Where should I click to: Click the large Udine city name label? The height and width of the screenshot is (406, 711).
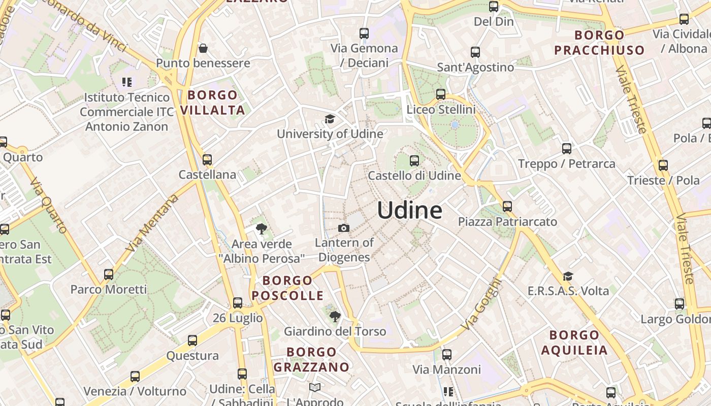(409, 210)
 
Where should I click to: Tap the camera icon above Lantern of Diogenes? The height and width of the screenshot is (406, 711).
(344, 228)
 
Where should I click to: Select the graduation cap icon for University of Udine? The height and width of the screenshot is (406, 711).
(330, 119)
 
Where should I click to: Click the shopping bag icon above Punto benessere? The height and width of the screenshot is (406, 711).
(203, 48)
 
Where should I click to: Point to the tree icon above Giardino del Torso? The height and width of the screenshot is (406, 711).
(335, 317)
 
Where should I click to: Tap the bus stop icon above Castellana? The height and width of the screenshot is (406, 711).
(207, 160)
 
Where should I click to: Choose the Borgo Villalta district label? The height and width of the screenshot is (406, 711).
(212, 103)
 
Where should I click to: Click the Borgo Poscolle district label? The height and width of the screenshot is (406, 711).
(287, 288)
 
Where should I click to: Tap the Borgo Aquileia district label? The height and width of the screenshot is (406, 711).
(574, 343)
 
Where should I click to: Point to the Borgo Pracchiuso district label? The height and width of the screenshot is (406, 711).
(599, 43)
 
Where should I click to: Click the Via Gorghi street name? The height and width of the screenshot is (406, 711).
(481, 304)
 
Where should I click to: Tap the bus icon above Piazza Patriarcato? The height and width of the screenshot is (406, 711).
(507, 207)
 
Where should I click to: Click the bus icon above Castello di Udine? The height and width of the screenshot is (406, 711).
(414, 161)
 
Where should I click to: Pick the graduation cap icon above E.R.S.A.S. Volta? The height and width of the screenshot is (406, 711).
(568, 276)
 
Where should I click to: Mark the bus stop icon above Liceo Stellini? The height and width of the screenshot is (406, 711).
(441, 94)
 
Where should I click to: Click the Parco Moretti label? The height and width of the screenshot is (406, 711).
(109, 289)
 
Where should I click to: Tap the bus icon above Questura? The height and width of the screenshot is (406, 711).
(192, 341)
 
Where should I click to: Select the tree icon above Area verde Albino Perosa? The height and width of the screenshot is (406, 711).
(262, 229)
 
